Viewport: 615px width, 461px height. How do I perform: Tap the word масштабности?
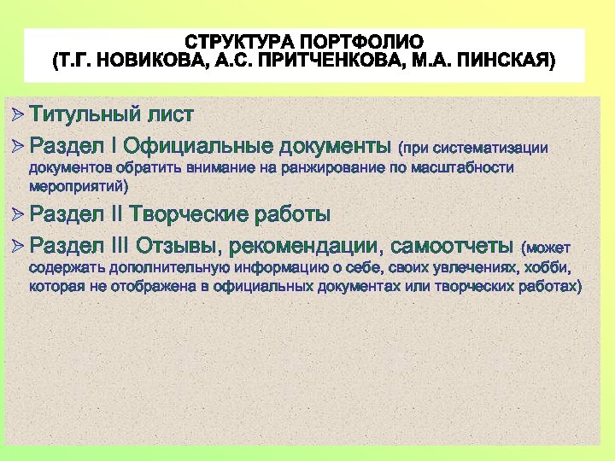[466, 167]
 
